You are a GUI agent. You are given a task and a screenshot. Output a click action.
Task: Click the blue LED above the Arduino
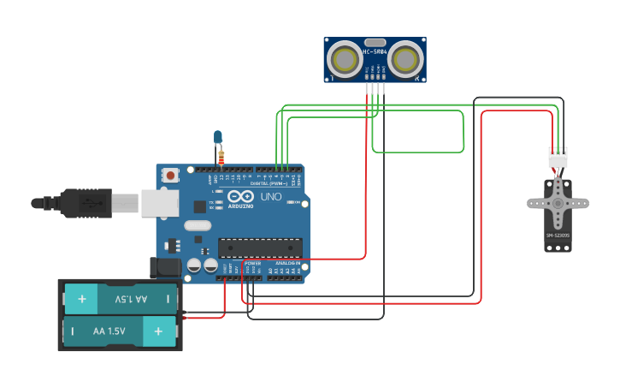[x=218, y=136]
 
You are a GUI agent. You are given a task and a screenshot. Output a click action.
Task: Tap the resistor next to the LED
[x=221, y=157]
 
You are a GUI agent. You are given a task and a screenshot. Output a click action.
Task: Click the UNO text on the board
[x=270, y=197]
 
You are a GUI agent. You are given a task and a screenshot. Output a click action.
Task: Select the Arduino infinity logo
[x=240, y=197]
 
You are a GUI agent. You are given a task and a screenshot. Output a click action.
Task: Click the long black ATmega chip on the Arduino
[x=260, y=248]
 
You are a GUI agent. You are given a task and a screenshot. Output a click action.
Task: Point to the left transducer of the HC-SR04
[x=345, y=59]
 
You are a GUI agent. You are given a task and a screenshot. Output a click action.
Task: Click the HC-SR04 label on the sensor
[x=375, y=52]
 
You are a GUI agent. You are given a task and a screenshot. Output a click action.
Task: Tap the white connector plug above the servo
[x=558, y=158]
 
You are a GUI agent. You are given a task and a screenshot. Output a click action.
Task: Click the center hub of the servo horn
[x=558, y=203]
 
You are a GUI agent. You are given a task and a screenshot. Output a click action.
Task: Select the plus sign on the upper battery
[x=81, y=300]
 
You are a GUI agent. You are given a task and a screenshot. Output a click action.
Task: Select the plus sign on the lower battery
[x=158, y=331]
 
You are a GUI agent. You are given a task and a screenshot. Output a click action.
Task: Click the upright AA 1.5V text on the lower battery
[x=109, y=331]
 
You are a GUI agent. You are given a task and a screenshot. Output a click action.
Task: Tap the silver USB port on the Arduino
[x=159, y=202]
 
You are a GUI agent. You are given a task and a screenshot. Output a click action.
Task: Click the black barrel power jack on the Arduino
[x=164, y=267]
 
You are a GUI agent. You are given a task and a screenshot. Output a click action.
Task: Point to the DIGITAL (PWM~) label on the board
[x=268, y=182]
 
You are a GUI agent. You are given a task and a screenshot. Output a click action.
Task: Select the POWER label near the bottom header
[x=252, y=263]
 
